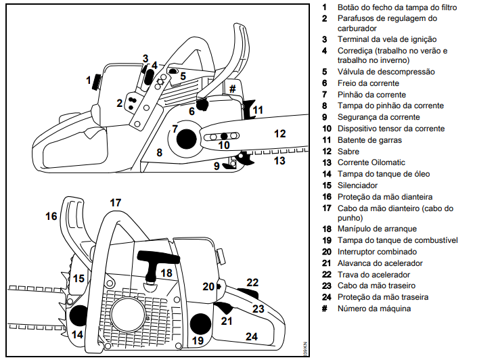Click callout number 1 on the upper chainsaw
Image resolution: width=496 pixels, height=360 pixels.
tap(88, 81)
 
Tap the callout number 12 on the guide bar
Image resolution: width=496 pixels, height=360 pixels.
tap(279, 133)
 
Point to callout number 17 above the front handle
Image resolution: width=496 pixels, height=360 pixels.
tap(115, 202)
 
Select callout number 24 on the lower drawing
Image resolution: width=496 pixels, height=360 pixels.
tap(252, 336)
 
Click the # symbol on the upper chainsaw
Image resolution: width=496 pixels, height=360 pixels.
tap(232, 89)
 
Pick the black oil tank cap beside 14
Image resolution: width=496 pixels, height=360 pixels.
tap(78, 315)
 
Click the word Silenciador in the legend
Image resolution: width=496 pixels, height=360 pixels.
tap(357, 185)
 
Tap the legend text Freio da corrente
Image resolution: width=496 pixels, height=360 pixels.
tap(370, 83)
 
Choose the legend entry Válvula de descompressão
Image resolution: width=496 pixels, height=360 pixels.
tap(386, 72)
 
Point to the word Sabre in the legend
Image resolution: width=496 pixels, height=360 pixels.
tap(348, 151)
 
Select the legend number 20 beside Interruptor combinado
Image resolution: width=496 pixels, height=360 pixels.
tap(325, 252)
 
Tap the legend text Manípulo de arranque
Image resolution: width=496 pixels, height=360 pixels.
tap(378, 229)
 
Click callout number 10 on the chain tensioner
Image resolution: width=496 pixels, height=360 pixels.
tap(224, 145)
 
